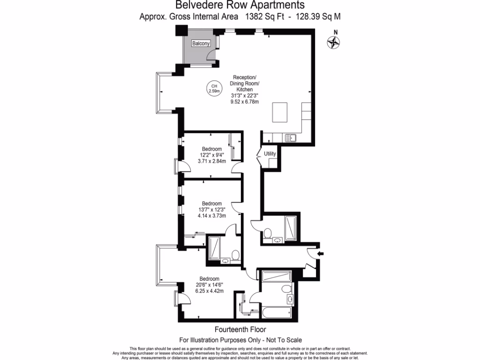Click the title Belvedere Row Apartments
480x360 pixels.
pos(240,6)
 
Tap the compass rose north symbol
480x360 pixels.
pos(333,42)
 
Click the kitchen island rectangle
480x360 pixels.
pos(283,112)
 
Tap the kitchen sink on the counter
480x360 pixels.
pos(291,137)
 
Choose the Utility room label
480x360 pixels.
pos(270,154)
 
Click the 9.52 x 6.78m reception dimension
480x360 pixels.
pos(244,102)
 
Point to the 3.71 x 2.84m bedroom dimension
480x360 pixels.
pos(211,161)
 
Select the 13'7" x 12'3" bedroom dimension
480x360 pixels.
pos(211,210)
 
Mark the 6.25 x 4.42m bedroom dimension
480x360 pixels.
pos(209,291)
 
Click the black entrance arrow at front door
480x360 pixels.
pos(321,254)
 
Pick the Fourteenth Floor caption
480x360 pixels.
pos(240,329)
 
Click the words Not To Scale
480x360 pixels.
pos(283,339)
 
